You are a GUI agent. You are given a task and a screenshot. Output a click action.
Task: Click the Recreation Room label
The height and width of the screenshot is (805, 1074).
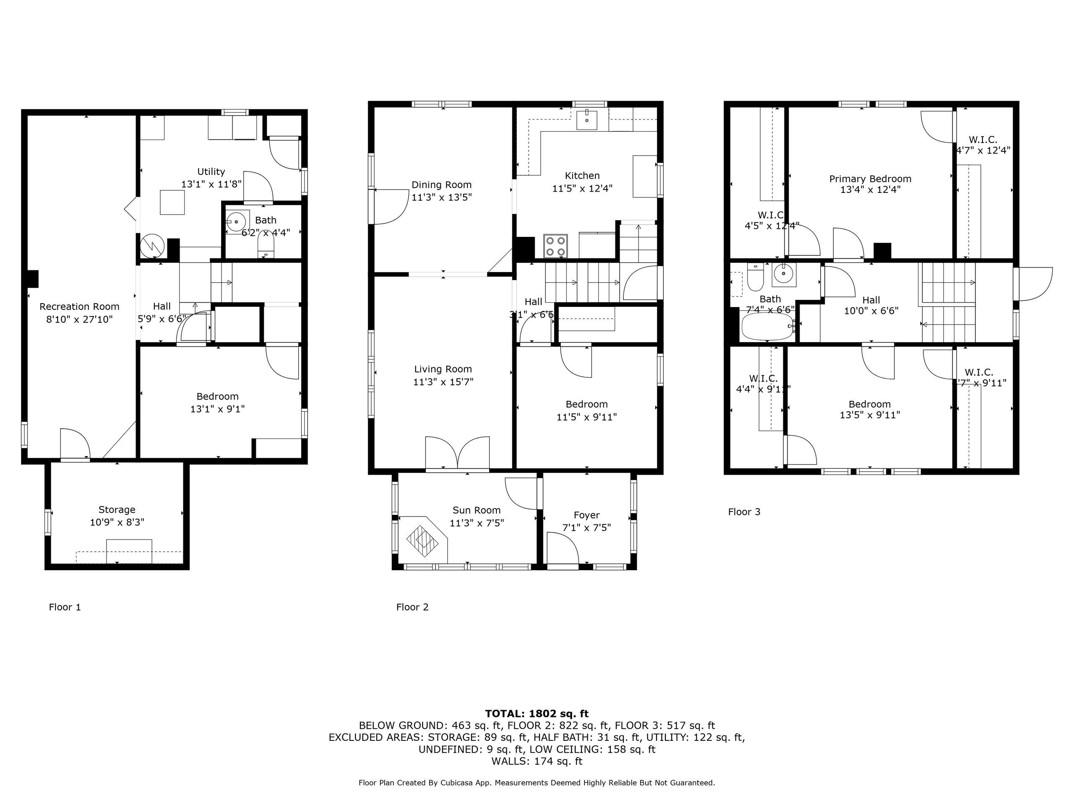79,306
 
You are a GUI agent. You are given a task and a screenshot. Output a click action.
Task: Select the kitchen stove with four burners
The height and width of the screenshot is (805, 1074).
555,246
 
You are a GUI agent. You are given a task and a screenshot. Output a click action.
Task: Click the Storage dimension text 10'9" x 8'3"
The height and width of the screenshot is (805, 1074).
117,522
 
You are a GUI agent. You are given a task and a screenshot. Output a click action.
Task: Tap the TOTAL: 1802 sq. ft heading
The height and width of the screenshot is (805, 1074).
537,714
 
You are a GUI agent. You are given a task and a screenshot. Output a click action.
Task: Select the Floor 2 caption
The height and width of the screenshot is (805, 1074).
412,607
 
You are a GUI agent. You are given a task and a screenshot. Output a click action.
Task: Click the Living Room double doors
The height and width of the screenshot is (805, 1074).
457,453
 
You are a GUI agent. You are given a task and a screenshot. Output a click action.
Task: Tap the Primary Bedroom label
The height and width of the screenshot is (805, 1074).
870,179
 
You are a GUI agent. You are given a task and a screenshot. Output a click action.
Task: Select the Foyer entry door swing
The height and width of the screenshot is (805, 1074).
562,548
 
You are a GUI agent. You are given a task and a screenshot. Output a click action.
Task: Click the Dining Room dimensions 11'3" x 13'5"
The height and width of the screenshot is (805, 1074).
441,197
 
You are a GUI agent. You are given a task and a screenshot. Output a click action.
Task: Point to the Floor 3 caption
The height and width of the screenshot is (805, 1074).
744,512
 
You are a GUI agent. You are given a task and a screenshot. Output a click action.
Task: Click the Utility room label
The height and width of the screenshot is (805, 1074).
211,172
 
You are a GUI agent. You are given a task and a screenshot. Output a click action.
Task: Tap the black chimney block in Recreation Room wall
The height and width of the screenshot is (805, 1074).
33,278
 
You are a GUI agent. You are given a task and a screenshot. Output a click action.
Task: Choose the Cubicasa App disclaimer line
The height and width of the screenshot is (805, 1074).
537,783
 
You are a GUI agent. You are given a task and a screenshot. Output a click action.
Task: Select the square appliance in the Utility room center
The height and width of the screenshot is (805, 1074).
172,203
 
